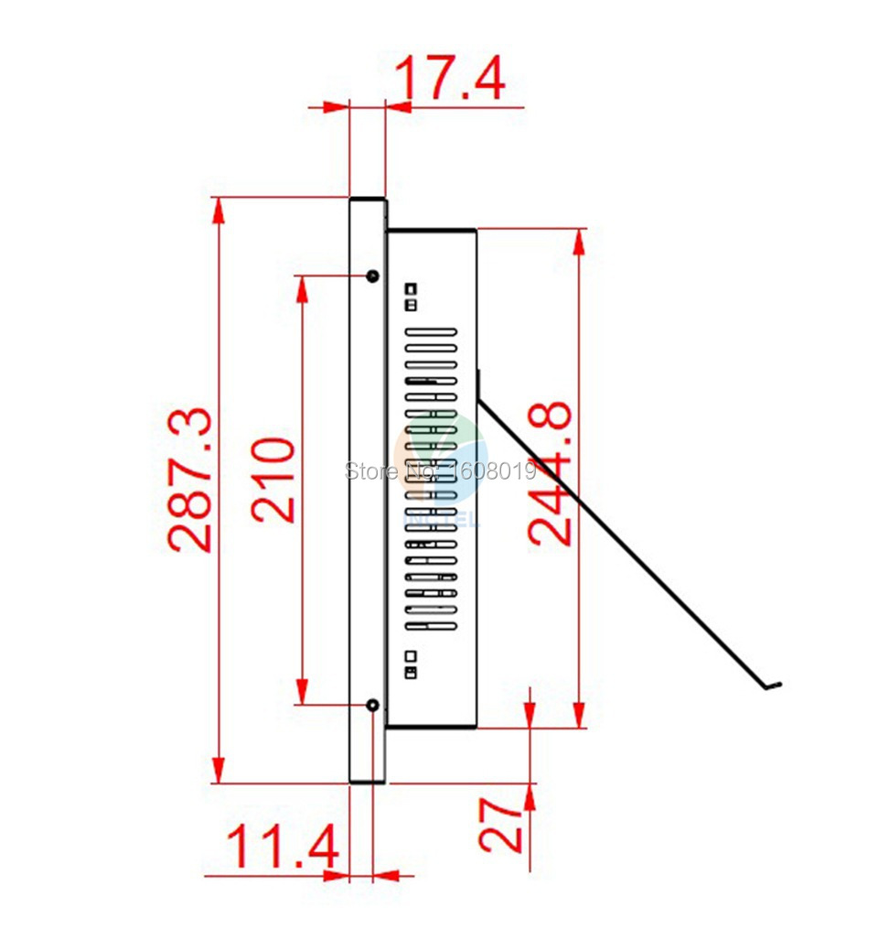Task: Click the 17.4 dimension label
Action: click(x=450, y=78)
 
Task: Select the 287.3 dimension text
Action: click(x=190, y=480)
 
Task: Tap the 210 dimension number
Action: click(x=273, y=481)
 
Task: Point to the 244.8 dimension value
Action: click(x=549, y=473)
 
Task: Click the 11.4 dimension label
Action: click(x=282, y=846)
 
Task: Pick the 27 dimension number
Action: click(x=499, y=827)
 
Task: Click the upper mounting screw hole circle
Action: click(x=372, y=276)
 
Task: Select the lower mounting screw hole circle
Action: click(x=372, y=705)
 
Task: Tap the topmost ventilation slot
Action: click(x=431, y=331)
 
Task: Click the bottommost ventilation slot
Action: click(x=431, y=626)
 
